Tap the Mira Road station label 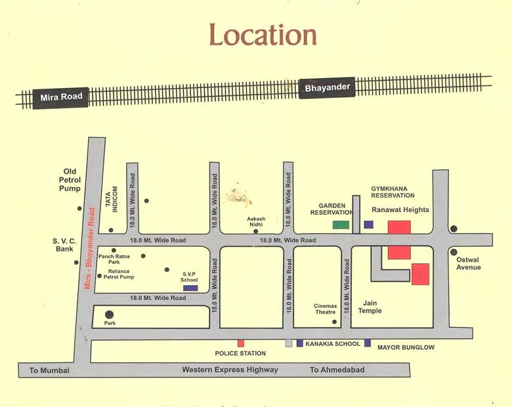[61, 97]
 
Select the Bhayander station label [327, 87]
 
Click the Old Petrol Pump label [70, 180]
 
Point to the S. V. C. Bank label [65, 245]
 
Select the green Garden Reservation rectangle [341, 225]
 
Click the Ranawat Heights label [400, 210]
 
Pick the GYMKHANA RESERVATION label [393, 192]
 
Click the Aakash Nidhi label [256, 221]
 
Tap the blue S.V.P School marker [190, 288]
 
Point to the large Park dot [109, 314]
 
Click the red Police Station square [241, 343]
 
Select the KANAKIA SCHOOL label [333, 343]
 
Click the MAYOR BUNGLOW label [406, 347]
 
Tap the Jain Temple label [370, 307]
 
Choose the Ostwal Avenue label [469, 263]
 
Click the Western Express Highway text [230, 370]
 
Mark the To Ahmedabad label [337, 370]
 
